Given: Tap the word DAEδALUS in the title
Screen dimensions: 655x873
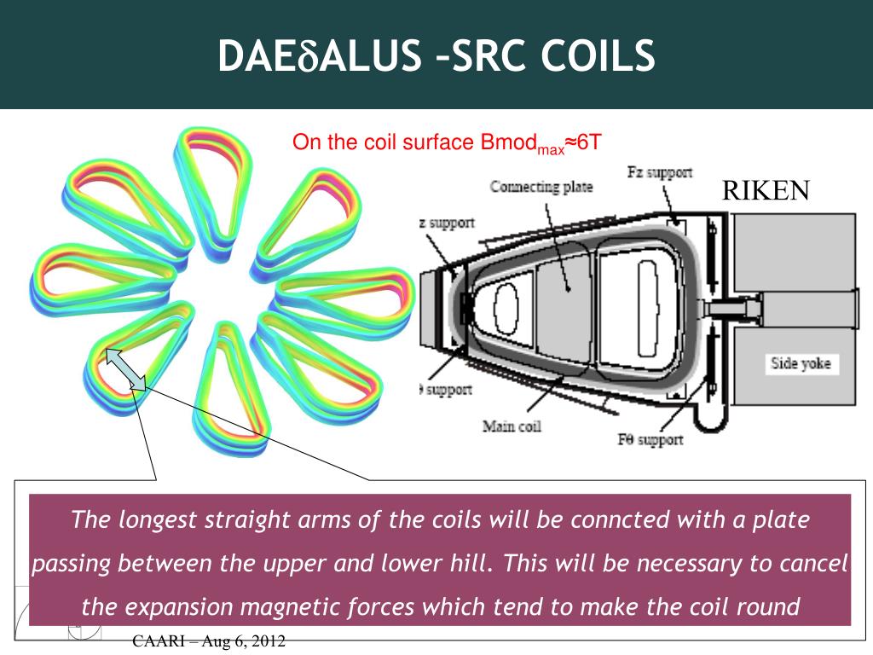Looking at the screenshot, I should (315, 55).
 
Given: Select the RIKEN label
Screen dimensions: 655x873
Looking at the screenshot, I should (766, 191).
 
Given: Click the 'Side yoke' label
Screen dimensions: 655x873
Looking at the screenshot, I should (801, 364).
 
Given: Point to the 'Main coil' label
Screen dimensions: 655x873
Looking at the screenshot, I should (512, 426).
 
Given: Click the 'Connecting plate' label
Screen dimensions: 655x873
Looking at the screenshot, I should (541, 186).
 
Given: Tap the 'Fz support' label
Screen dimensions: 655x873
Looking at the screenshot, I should (660, 173).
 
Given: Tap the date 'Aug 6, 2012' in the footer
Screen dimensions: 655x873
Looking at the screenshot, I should (248, 642).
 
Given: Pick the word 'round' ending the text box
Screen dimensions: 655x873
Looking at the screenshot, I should (772, 607).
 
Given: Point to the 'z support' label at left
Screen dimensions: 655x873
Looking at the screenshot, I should (446, 223).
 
